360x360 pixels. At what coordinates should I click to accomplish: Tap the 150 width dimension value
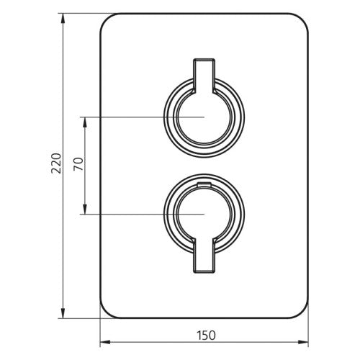tap(205, 335)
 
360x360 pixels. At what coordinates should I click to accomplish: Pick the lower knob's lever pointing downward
tap(204, 257)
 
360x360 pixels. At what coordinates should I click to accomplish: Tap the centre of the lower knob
tap(204, 214)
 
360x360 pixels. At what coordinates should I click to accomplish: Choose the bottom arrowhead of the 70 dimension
tap(86, 210)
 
